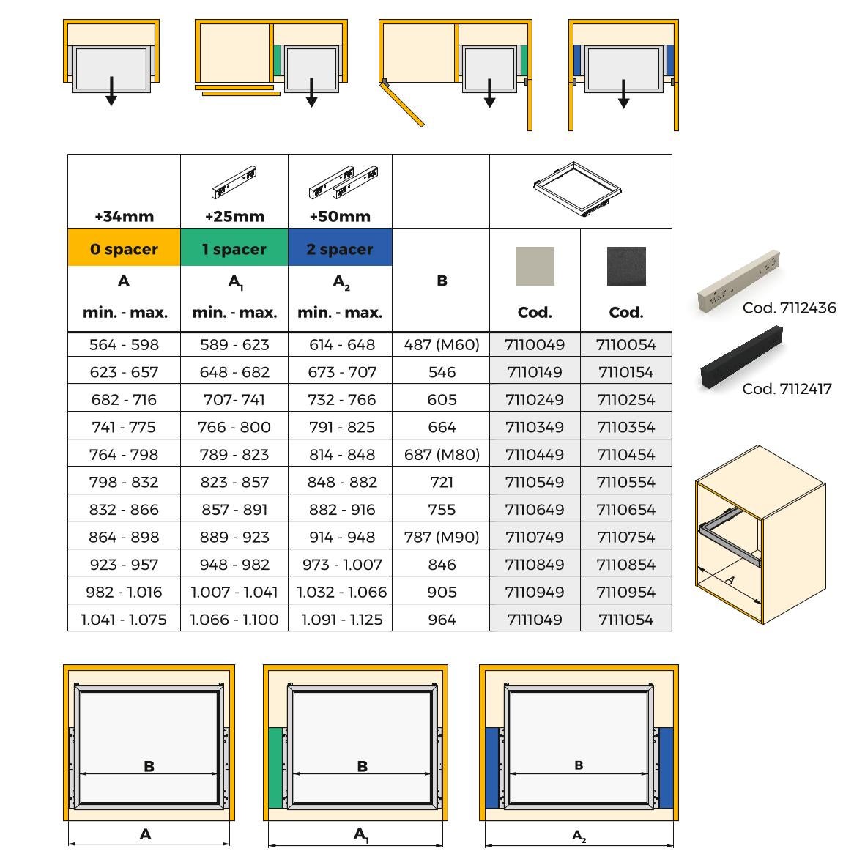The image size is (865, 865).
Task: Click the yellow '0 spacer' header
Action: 124,249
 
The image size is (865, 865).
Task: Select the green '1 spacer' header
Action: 234,249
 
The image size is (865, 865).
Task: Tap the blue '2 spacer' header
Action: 340,249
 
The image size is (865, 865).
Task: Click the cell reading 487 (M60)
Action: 442,345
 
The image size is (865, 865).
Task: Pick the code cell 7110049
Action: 535,345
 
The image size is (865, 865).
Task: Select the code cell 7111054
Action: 625,620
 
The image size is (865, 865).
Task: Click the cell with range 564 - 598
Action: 124,345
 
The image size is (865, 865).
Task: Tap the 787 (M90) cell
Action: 442,537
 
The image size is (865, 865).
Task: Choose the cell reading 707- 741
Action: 234,400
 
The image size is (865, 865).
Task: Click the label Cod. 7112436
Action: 789,308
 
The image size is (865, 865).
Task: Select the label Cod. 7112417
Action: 787,389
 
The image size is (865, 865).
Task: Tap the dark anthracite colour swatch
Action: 626,266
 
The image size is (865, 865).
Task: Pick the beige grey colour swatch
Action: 535,266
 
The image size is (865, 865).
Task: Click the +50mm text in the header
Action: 340,217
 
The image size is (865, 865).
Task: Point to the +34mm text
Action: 124,217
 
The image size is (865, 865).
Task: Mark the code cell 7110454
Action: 625,455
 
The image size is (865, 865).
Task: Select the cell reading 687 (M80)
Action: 442,455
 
